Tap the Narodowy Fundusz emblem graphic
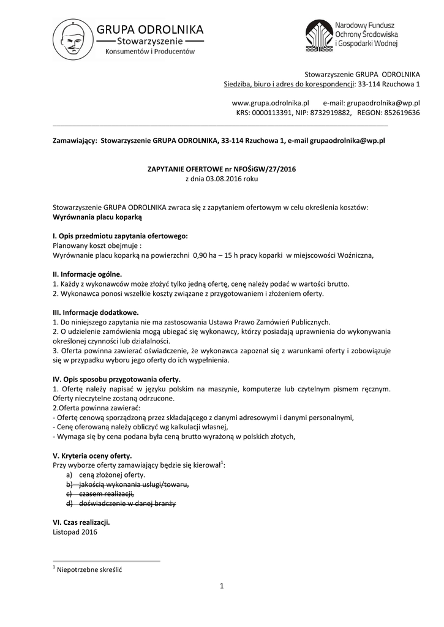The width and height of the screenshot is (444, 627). [x=318, y=36]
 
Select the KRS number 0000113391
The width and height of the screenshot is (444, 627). [x=277, y=113]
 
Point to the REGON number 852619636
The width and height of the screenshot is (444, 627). [x=399, y=113]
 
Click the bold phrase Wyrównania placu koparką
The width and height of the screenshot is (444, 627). [x=97, y=217]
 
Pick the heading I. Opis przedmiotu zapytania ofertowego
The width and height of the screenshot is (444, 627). [x=121, y=236]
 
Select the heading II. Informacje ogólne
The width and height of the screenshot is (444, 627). [x=88, y=274]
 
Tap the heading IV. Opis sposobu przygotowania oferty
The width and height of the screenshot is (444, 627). [x=116, y=379]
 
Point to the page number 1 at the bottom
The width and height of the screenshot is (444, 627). [x=222, y=587]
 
